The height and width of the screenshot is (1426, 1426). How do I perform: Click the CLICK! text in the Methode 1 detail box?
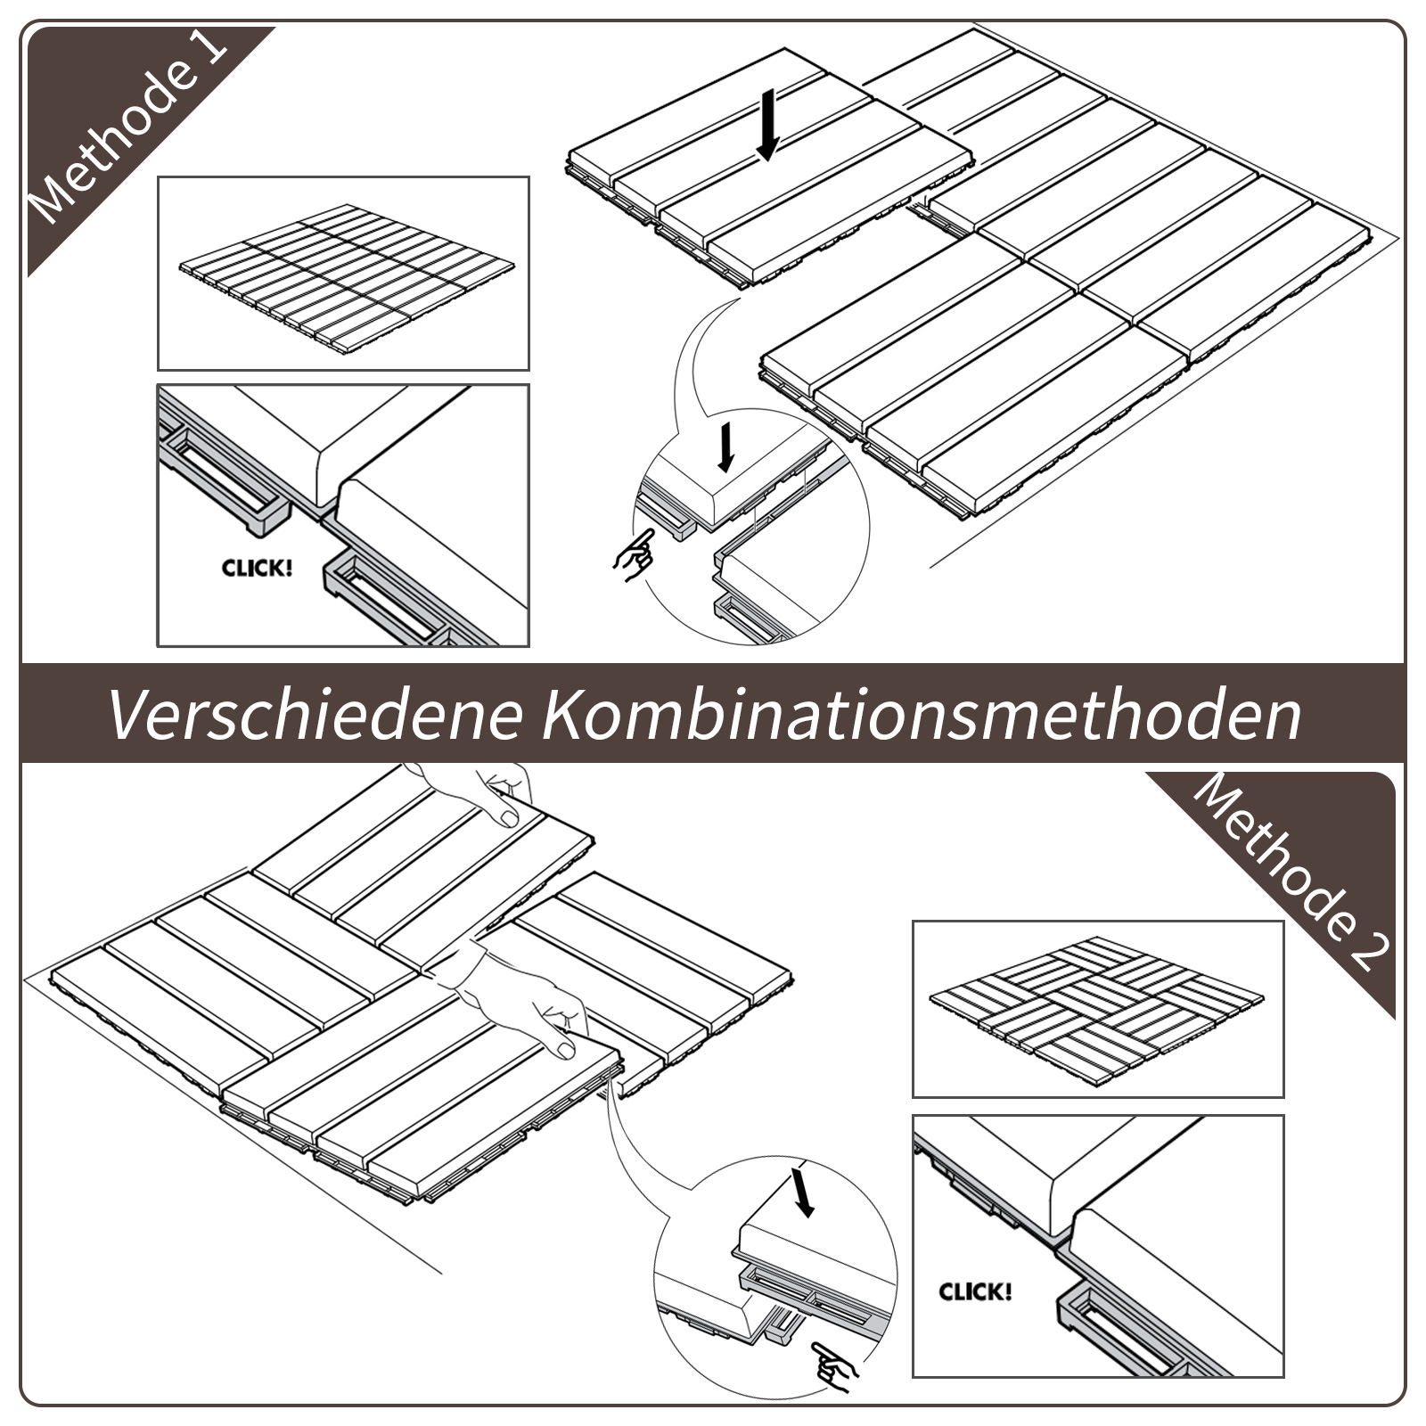pos(257,568)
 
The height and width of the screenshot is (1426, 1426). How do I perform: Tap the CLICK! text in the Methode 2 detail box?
pos(975,1291)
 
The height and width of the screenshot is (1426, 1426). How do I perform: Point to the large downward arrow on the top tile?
pos(767,124)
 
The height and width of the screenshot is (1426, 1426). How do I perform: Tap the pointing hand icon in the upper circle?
pos(635,554)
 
